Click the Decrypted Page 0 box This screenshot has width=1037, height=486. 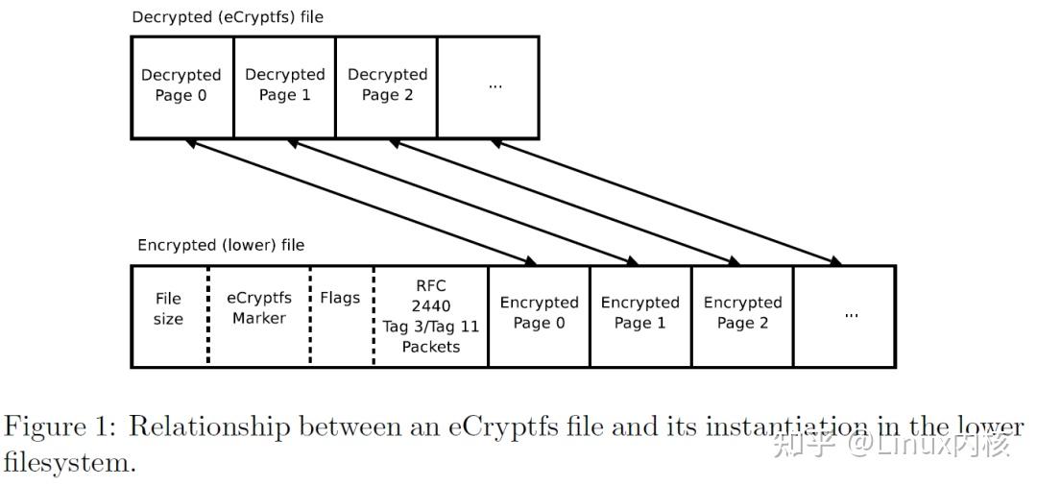(x=181, y=87)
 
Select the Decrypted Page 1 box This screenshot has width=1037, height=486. (x=284, y=87)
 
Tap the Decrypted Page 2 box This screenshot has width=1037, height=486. (x=386, y=87)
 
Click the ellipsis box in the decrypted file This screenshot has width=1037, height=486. (x=488, y=87)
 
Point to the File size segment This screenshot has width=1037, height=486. (x=169, y=316)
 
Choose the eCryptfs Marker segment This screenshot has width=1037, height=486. (x=259, y=316)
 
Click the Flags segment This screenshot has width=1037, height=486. (x=341, y=316)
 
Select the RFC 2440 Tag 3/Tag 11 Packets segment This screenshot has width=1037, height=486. (x=431, y=316)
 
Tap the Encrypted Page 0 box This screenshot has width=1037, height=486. (x=539, y=316)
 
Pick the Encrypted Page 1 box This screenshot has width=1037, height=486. (x=640, y=316)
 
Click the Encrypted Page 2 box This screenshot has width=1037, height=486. (x=742, y=316)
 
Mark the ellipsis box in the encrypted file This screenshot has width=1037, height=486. (x=845, y=316)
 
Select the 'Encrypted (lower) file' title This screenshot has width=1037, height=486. (x=221, y=245)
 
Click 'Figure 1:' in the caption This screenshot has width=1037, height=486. (x=62, y=427)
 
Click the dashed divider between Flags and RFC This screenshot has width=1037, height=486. (x=374, y=316)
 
